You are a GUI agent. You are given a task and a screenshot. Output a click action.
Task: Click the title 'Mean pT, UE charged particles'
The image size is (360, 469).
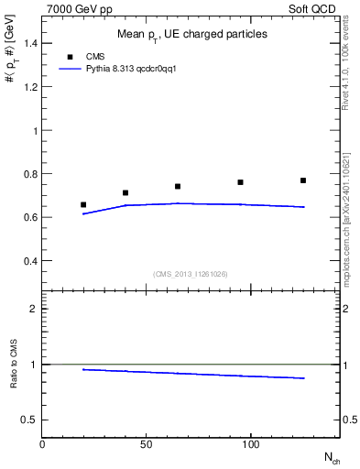[192, 34]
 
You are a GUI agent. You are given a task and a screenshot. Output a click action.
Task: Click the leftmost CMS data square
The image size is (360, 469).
[83, 205]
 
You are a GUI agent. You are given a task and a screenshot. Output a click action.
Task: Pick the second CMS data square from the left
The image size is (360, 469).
[125, 193]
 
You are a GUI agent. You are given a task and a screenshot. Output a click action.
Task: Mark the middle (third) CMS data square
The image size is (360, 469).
[178, 187]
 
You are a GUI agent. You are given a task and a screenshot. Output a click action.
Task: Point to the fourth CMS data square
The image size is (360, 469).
[240, 182]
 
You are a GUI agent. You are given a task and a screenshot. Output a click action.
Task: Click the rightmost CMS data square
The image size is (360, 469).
[303, 180]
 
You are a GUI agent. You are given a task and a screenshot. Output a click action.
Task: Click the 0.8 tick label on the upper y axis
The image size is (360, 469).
[28, 174]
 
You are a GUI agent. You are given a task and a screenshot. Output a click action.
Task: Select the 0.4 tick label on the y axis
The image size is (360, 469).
[28, 261]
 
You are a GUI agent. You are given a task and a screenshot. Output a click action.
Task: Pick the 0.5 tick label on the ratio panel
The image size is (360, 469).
[28, 420]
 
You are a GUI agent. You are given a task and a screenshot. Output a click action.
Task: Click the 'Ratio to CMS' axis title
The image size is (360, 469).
[14, 365]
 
